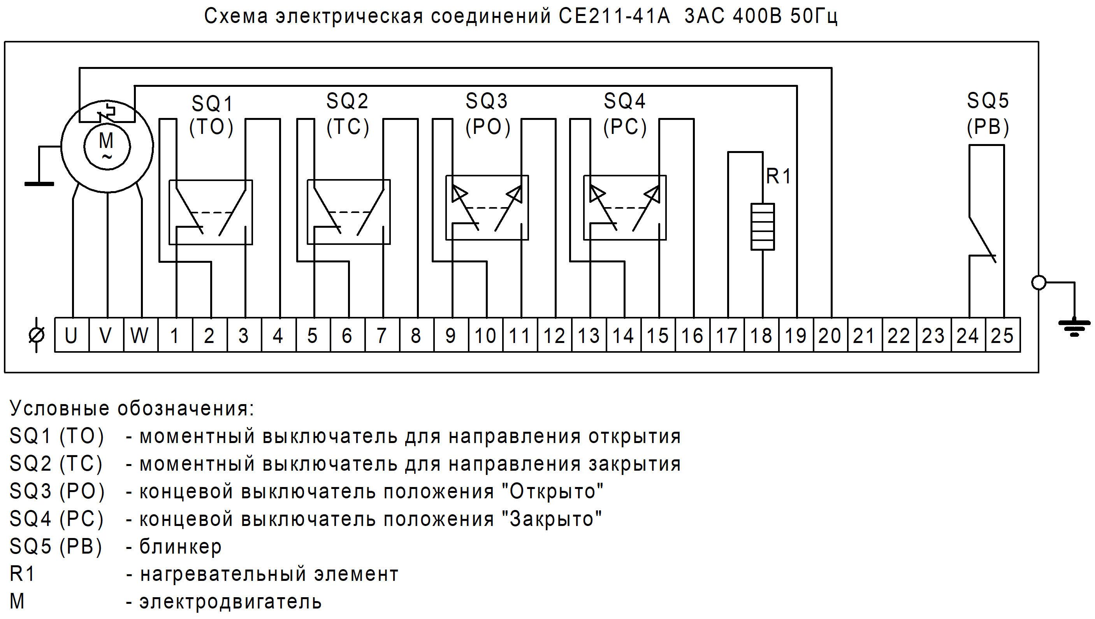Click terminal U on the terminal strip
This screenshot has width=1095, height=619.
(x=71, y=336)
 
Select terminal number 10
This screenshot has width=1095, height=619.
(x=485, y=336)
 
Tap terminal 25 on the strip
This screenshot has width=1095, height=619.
(x=1002, y=336)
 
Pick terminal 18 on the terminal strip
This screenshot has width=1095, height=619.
(x=761, y=336)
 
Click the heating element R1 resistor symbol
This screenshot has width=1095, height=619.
(x=763, y=227)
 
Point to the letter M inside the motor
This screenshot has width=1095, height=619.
(x=106, y=140)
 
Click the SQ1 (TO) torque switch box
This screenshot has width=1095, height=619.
(x=211, y=212)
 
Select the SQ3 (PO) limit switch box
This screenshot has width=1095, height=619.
(x=487, y=208)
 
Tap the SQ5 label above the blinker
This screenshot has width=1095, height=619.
(x=988, y=101)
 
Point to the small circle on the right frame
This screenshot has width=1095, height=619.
(x=1039, y=282)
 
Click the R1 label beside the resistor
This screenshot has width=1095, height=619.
(x=778, y=176)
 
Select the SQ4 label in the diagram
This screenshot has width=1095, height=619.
(x=624, y=101)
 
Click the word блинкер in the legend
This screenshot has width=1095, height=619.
(x=180, y=547)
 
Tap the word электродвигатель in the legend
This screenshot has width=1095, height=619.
(x=230, y=601)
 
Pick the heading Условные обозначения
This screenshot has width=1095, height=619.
(x=132, y=408)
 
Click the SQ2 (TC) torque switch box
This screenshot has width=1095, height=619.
(x=348, y=212)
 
